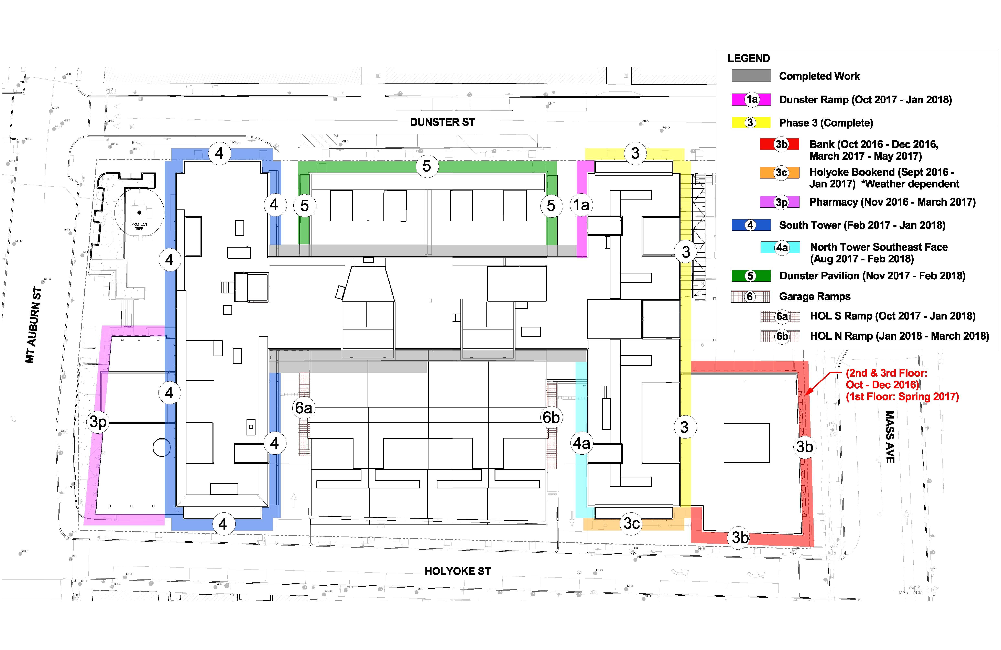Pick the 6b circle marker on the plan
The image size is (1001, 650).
point(551,417)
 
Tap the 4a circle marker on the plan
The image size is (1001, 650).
point(582,443)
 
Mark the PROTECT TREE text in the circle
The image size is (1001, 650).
point(139,226)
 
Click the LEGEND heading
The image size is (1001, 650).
point(749,58)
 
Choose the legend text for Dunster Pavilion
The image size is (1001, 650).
point(872,276)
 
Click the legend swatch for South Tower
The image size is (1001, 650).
point(751,225)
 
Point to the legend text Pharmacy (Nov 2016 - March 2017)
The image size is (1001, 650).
point(892,202)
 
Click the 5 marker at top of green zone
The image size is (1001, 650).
point(426,166)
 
